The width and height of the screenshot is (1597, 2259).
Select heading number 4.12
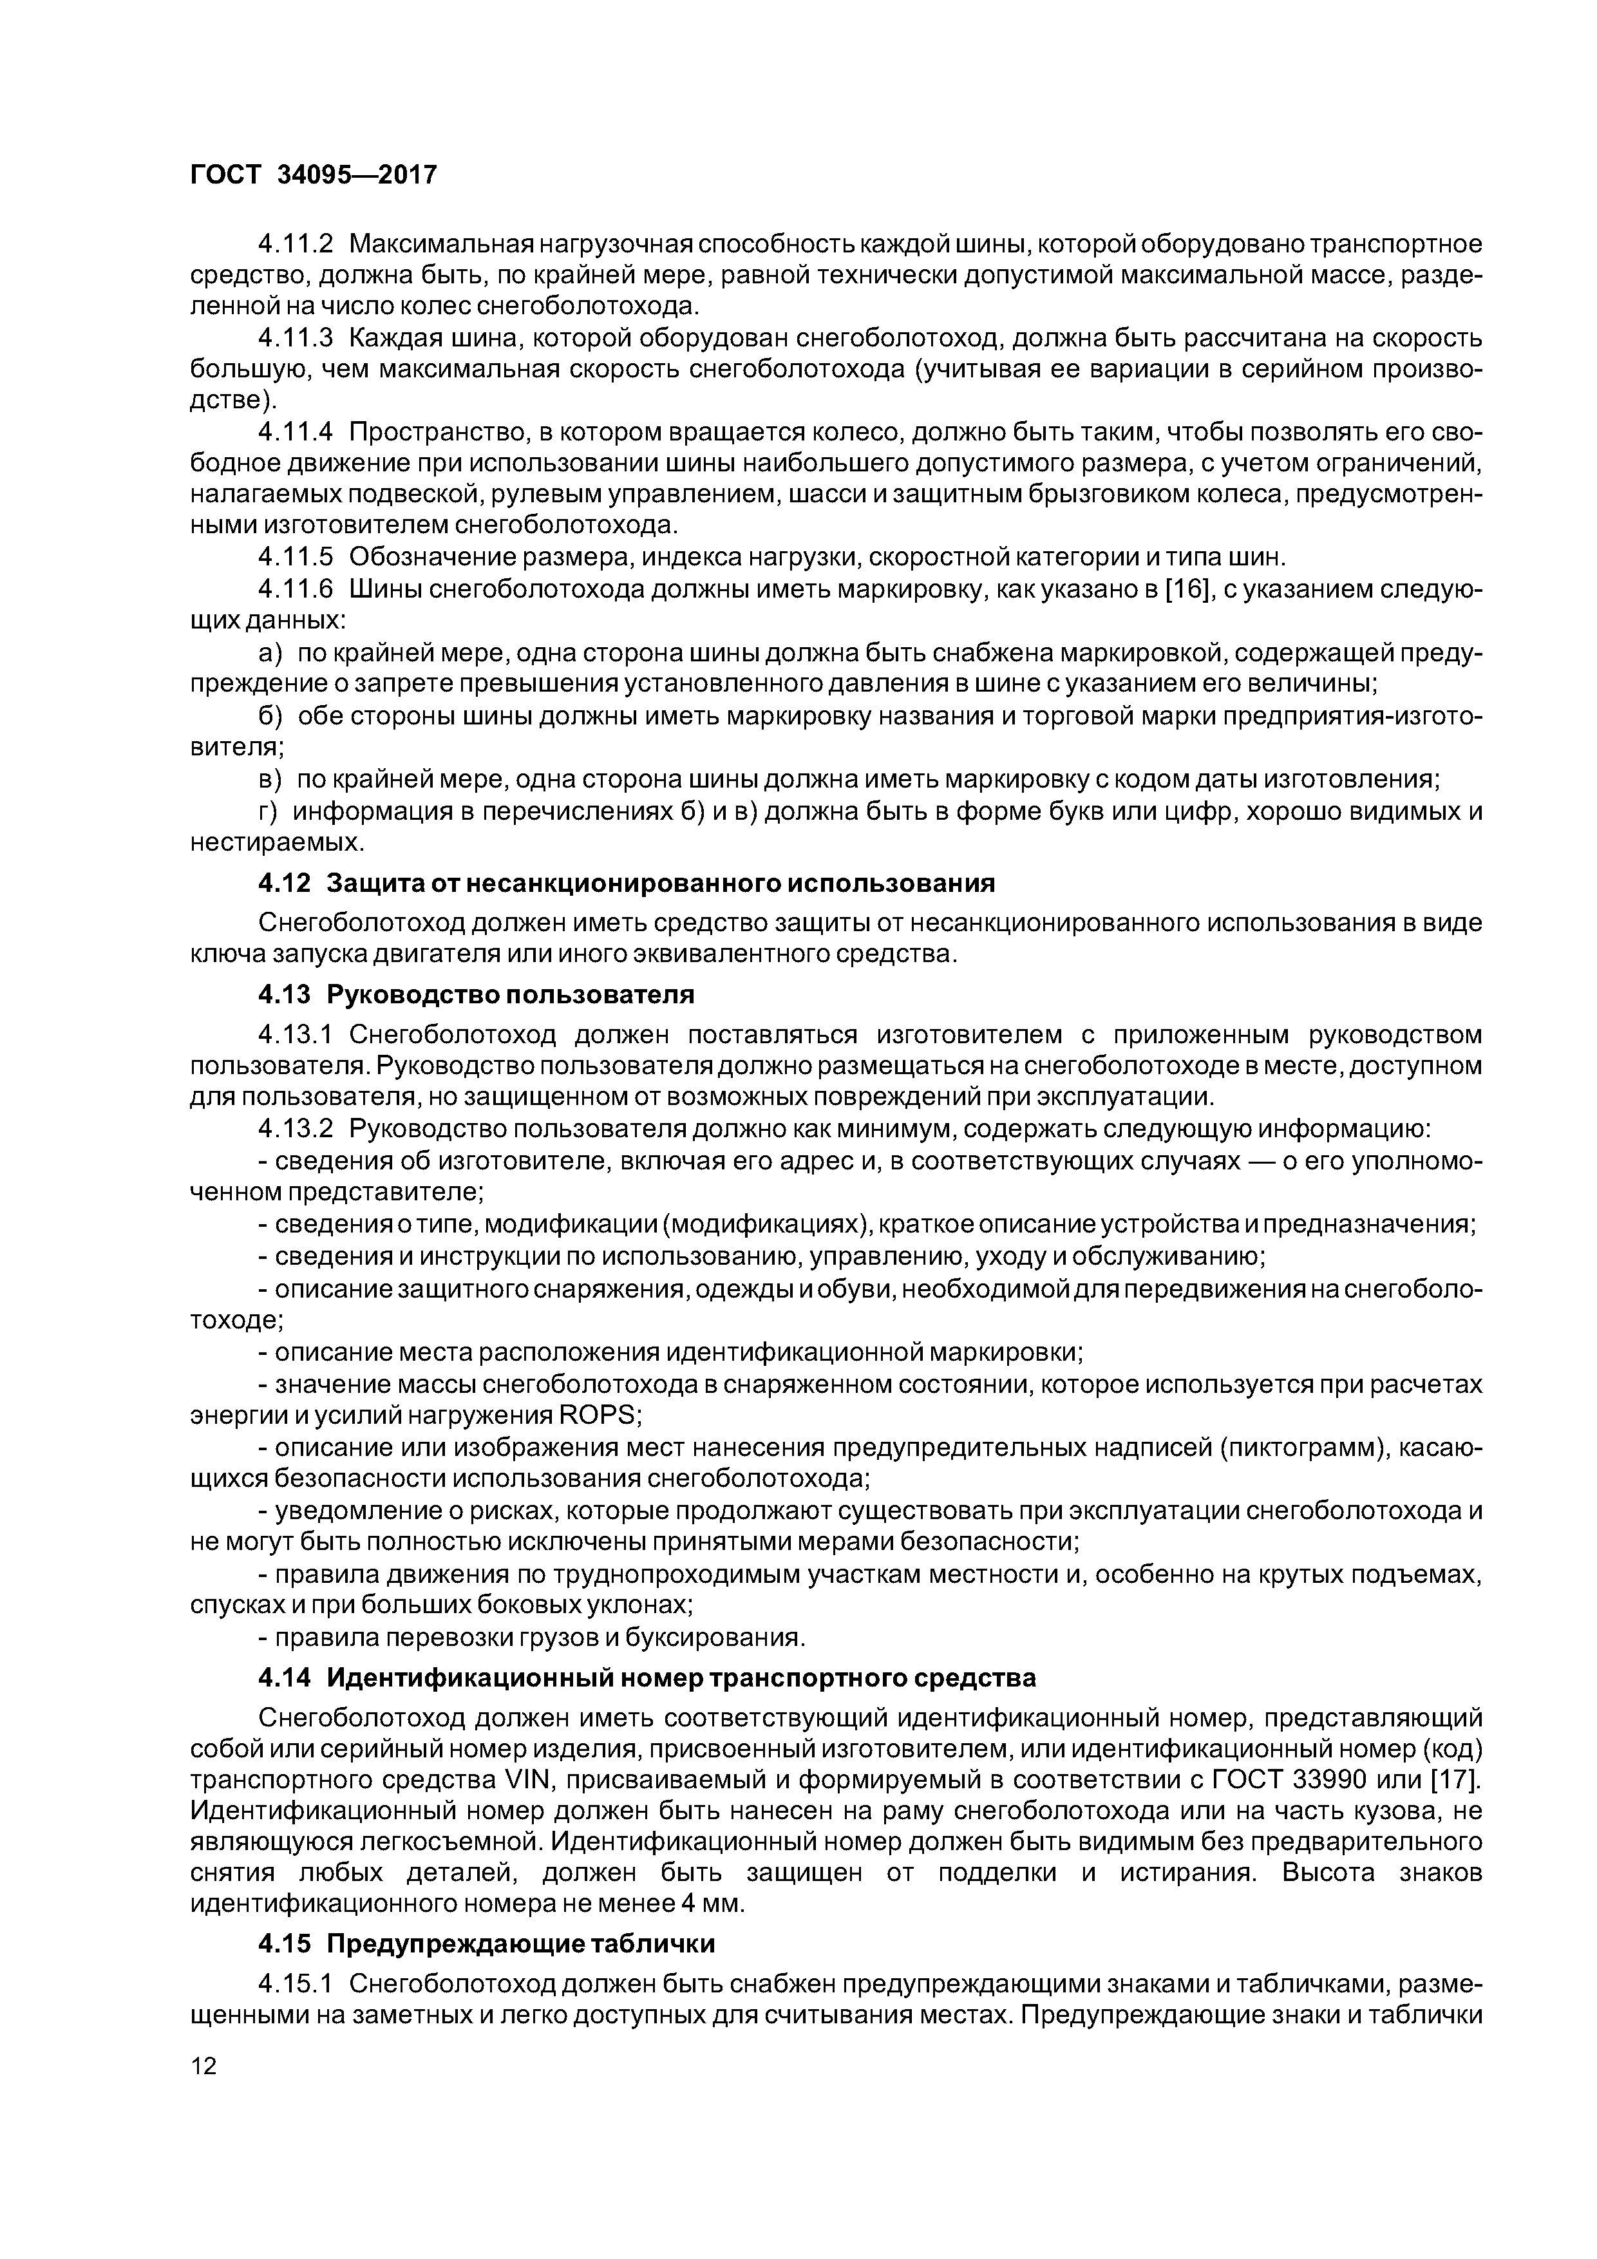coord(285,884)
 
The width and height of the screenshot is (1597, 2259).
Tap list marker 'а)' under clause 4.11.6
coord(270,654)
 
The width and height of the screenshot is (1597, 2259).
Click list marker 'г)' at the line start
coord(269,811)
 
